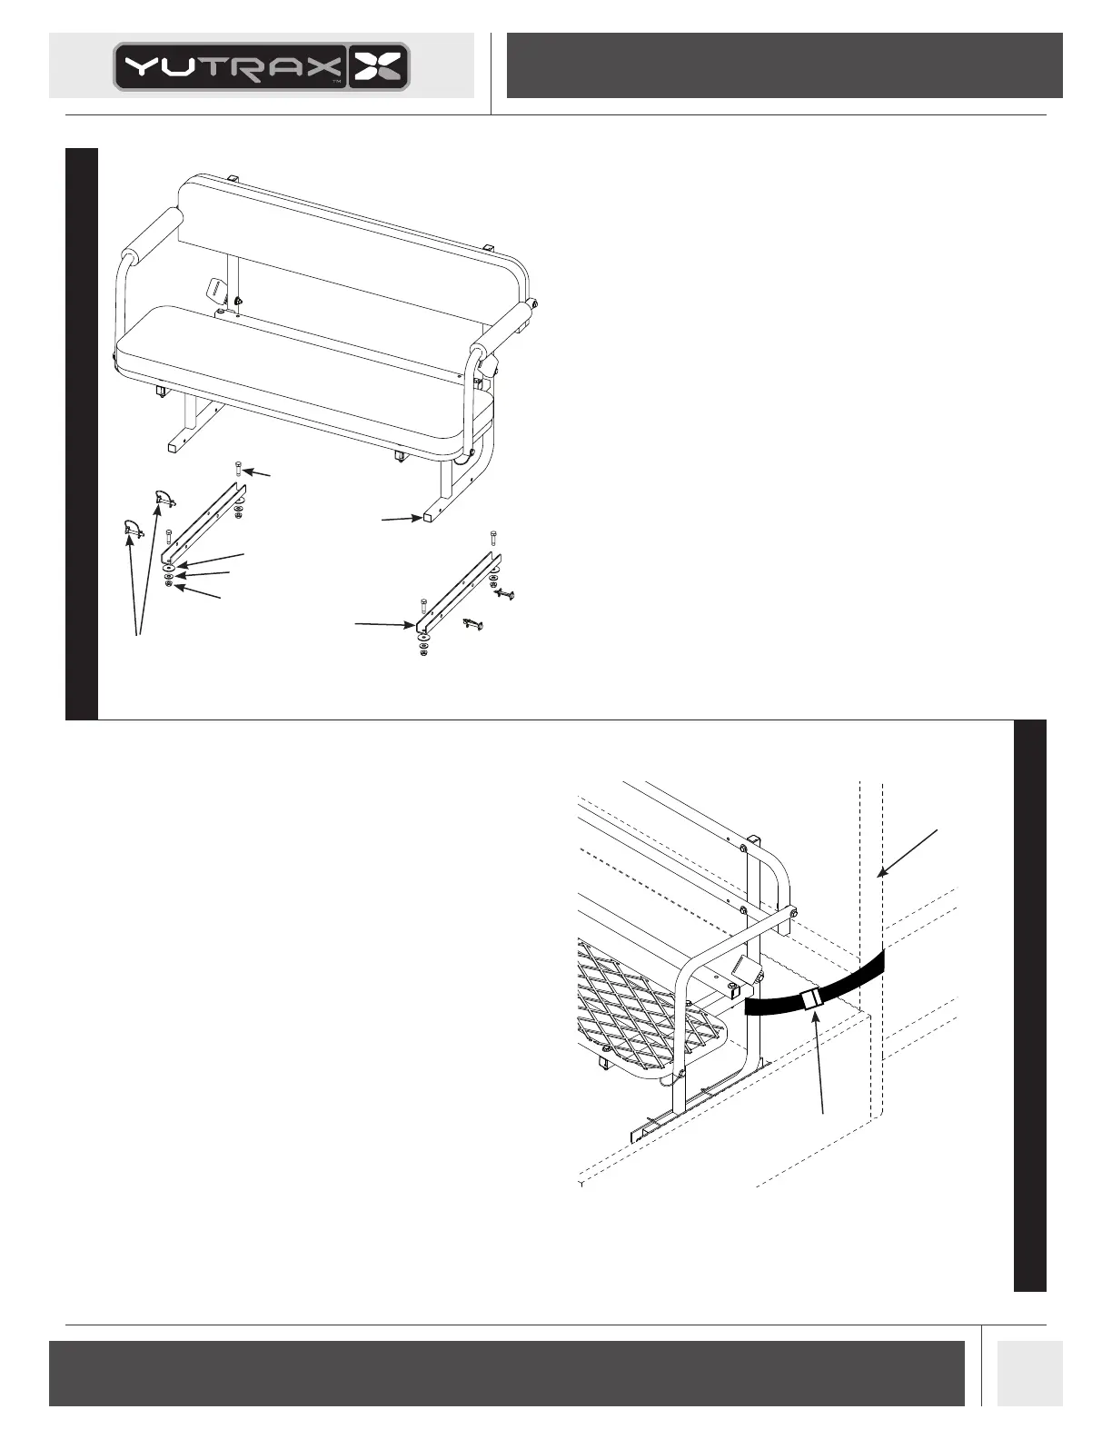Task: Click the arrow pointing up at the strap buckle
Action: [x=822, y=1063]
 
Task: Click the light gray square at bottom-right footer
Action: [x=1029, y=1374]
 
